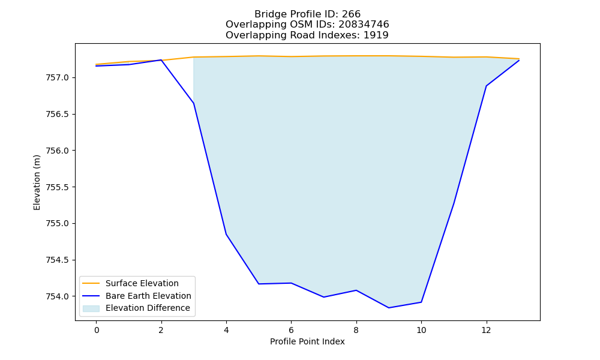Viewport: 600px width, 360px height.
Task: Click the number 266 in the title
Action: click(351, 14)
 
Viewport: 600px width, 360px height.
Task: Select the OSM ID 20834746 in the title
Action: click(364, 25)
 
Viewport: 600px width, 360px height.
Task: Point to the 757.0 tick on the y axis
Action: click(58, 78)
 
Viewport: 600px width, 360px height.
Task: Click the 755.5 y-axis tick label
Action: click(58, 187)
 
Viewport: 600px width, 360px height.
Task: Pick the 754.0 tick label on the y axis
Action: click(58, 296)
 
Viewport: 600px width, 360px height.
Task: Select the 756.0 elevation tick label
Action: click(58, 151)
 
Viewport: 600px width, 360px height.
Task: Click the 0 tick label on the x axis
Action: click(97, 330)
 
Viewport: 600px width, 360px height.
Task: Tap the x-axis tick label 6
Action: click(291, 330)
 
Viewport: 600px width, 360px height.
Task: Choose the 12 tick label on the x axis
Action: click(486, 330)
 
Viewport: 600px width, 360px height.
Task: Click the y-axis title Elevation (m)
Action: click(37, 182)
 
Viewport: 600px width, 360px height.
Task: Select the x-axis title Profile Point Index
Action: click(307, 341)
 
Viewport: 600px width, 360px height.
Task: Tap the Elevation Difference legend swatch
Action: click(91, 308)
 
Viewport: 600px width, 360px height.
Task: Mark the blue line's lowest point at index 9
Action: click(389, 308)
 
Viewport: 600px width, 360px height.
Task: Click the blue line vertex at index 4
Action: click(226, 234)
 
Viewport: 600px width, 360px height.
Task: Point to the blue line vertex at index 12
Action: click(486, 86)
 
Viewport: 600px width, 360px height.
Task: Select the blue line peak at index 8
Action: click(356, 290)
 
